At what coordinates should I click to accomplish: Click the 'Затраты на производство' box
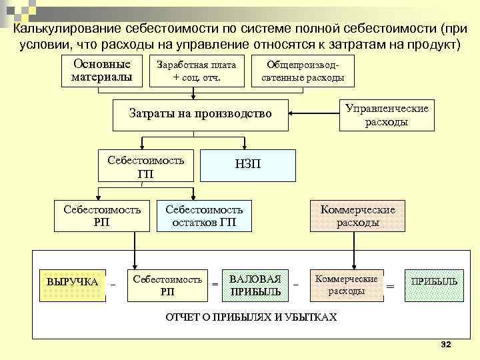click(200, 113)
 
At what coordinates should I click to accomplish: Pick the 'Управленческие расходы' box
click(387, 115)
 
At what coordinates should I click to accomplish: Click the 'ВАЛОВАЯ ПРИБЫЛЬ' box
click(255, 285)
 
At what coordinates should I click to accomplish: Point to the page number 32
click(446, 344)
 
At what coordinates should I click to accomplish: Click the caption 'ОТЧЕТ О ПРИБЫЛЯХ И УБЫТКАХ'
click(251, 317)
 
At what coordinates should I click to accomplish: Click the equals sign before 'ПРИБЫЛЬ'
click(390, 285)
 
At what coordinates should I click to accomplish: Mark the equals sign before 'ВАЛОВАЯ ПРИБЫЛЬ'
click(215, 285)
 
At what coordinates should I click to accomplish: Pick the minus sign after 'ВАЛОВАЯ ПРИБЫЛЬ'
click(296, 285)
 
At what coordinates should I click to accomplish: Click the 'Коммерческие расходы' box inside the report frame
click(346, 285)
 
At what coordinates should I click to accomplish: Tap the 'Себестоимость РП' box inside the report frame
click(167, 285)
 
